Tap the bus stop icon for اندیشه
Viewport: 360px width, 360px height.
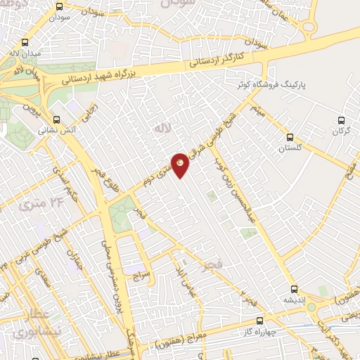coord(295,288)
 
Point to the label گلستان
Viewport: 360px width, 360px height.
coord(288,149)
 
